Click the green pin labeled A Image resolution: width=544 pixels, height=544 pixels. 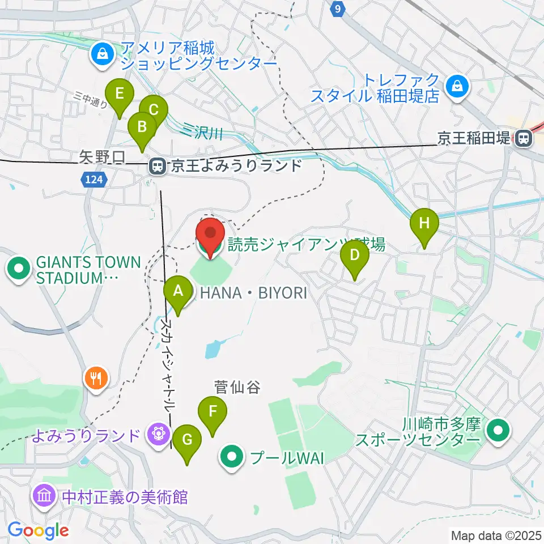pos(178,291)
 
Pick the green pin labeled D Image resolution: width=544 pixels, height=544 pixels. pos(354,256)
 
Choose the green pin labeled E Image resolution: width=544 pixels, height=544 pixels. pos(120,93)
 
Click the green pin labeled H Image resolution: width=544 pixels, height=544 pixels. pos(424,223)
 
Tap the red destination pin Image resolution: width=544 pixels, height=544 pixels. pos(210,233)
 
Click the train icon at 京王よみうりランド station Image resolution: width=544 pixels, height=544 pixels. pos(157,166)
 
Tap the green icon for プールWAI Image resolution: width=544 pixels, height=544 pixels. pos(231,457)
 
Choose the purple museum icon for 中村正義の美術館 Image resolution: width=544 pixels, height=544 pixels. pos(45,497)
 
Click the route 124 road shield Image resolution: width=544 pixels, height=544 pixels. pos(95,180)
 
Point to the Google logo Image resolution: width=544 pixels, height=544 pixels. pos(37,530)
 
